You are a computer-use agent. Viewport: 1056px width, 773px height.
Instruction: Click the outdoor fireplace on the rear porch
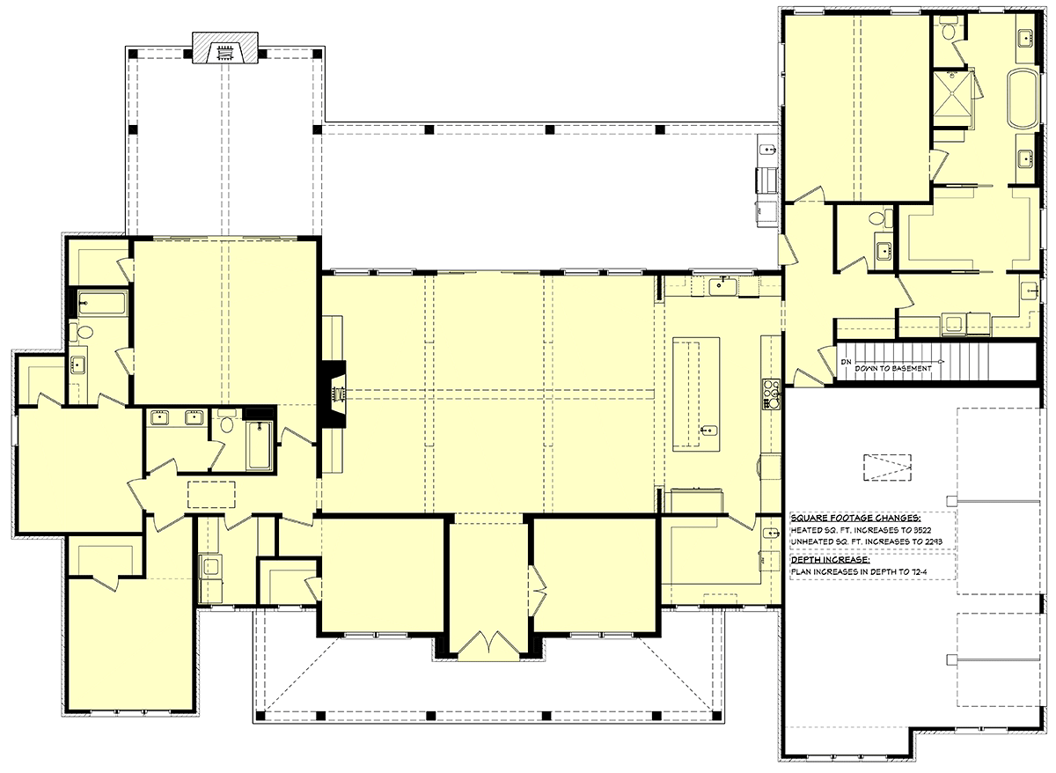[225, 48]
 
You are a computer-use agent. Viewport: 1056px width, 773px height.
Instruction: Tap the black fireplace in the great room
[334, 394]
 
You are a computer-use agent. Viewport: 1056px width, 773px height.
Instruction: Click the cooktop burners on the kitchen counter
[770, 394]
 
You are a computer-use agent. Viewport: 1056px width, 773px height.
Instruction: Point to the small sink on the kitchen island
[708, 430]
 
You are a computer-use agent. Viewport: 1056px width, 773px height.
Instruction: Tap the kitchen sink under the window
[722, 285]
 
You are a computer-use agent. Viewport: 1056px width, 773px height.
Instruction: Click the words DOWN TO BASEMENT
[893, 368]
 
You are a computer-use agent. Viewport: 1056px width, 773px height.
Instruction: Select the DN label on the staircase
[846, 362]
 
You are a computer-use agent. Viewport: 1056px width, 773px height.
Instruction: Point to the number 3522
[920, 530]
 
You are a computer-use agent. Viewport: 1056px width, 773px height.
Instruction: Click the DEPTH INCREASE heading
[830, 560]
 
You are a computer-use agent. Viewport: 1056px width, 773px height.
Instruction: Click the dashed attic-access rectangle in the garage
[887, 467]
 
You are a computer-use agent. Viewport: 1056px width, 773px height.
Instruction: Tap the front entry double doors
[489, 643]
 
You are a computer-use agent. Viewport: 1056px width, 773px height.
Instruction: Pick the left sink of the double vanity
[159, 417]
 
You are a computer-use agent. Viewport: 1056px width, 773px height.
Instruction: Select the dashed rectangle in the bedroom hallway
[211, 494]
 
